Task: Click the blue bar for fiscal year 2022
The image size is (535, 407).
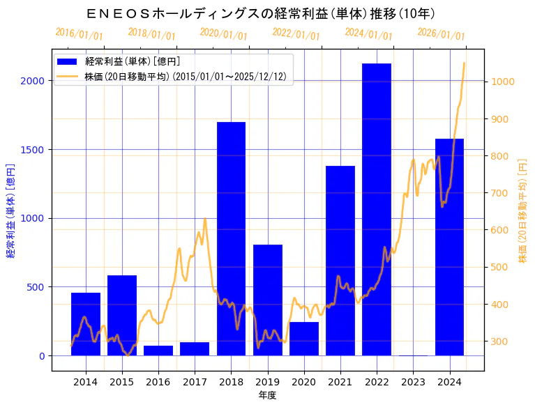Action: (377, 209)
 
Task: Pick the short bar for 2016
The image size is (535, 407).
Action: (158, 350)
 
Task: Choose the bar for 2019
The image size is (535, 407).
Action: (267, 300)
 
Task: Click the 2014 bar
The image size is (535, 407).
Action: (86, 323)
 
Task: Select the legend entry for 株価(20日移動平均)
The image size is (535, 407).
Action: (185, 76)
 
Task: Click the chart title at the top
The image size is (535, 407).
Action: (261, 13)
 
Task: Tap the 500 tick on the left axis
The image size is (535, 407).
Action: (36, 287)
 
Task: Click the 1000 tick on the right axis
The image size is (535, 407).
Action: (503, 82)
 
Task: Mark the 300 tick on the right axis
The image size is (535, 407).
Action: (500, 341)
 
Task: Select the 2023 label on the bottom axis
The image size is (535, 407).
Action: (413, 381)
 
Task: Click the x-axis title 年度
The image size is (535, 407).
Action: (267, 395)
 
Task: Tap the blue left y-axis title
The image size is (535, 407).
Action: (10, 210)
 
